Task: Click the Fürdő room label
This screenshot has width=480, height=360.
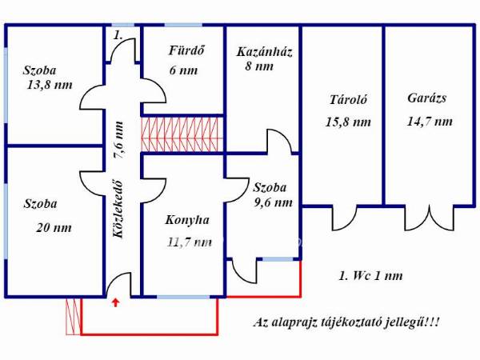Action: pyautogui.click(x=186, y=50)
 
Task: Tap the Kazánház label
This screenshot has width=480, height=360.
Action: pyautogui.click(x=265, y=52)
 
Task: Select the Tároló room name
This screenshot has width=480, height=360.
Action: pyautogui.click(x=348, y=100)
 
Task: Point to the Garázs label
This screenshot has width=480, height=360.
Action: pyautogui.click(x=426, y=98)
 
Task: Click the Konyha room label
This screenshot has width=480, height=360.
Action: pyautogui.click(x=187, y=220)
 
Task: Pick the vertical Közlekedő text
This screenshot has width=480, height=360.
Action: pyautogui.click(x=118, y=210)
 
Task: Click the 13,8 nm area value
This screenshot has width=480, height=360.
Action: pyautogui.click(x=50, y=85)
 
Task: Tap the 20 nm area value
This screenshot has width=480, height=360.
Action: pyautogui.click(x=54, y=227)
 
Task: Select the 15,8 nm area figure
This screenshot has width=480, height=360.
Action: pyautogui.click(x=348, y=122)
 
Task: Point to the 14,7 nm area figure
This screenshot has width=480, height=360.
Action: pyautogui.click(x=430, y=122)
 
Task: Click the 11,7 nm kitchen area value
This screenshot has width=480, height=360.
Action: pyautogui.click(x=189, y=242)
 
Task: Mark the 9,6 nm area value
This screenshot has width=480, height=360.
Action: pyautogui.click(x=273, y=202)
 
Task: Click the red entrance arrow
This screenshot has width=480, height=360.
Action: pyautogui.click(x=115, y=302)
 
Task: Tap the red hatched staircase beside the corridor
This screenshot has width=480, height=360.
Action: pyautogui.click(x=182, y=134)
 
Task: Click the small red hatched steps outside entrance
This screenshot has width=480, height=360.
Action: pyautogui.click(x=73, y=317)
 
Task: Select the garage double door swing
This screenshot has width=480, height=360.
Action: pyautogui.click(x=430, y=218)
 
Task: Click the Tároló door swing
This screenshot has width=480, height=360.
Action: pyautogui.click(x=345, y=218)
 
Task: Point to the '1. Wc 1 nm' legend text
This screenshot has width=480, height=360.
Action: pyautogui.click(x=370, y=276)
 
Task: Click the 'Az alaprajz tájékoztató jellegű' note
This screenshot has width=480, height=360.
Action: pyautogui.click(x=346, y=322)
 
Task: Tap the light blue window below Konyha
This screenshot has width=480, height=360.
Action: pyautogui.click(x=183, y=297)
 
